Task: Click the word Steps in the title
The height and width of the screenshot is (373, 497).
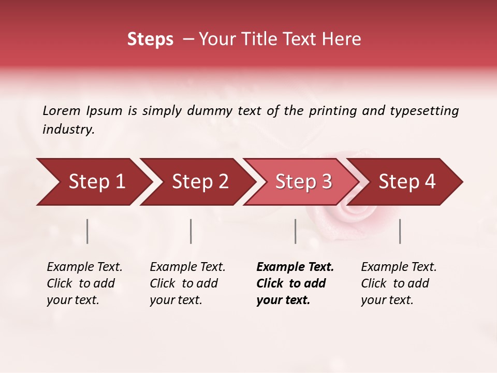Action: tap(150, 39)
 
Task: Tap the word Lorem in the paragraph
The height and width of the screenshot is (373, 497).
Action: tap(62, 110)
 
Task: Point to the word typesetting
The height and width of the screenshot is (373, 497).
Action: tap(424, 110)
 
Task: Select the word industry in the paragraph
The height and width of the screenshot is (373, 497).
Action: tap(68, 129)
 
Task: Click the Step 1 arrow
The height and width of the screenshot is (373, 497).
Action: tap(93, 182)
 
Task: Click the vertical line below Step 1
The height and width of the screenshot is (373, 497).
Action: tap(87, 231)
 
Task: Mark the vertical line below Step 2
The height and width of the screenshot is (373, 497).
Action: tap(191, 231)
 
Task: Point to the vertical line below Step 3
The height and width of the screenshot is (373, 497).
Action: tap(295, 231)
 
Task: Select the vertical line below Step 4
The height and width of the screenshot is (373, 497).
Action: tap(400, 231)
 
